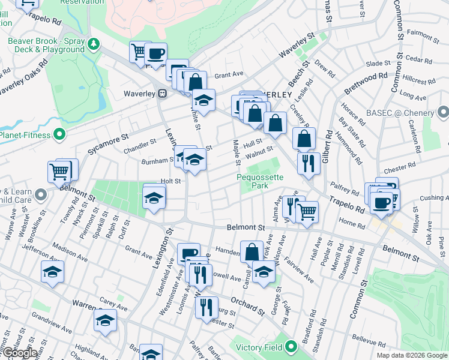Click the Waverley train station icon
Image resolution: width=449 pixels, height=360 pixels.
pyautogui.click(x=162, y=94)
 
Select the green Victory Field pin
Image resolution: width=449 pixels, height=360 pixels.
pyautogui.click(x=291, y=346)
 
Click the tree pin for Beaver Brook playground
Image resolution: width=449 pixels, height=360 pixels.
pyautogui.click(x=93, y=43)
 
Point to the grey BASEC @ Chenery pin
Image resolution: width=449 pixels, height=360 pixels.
pyautogui.click(x=443, y=112)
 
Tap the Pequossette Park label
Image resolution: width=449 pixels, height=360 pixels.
pyautogui.click(x=260, y=182)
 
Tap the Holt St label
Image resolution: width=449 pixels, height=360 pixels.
pyautogui.click(x=170, y=181)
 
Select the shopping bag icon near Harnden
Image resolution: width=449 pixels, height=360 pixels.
pyautogui.click(x=252, y=251)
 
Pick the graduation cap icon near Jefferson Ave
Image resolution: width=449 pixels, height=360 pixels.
pyautogui.click(x=52, y=271)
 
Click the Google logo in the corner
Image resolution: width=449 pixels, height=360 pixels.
pyautogui.click(x=19, y=353)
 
